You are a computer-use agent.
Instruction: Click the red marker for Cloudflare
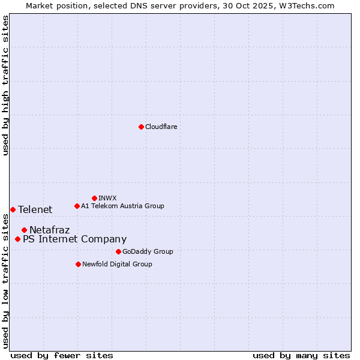point(141,127)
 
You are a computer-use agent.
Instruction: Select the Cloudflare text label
point(161,127)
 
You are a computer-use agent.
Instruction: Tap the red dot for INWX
point(94,198)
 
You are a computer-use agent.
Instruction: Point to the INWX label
point(107,198)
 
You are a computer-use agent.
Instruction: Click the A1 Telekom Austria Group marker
point(77,206)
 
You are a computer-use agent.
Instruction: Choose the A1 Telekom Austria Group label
point(122,206)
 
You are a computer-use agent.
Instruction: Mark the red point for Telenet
point(13,209)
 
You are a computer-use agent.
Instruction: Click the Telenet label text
point(35,209)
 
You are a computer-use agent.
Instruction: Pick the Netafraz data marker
point(24,230)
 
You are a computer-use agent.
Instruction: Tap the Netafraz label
point(49,230)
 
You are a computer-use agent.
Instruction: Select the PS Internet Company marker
point(17,239)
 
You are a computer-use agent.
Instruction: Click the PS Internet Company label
point(74,239)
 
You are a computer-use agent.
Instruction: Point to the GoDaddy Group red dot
point(118,251)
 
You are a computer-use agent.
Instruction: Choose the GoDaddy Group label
point(147,251)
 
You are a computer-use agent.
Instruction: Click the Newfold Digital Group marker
point(78,264)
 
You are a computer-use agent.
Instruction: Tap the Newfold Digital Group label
point(117,264)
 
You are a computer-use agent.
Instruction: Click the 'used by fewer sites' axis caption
point(62,355)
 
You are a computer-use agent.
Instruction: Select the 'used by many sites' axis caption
point(301,355)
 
